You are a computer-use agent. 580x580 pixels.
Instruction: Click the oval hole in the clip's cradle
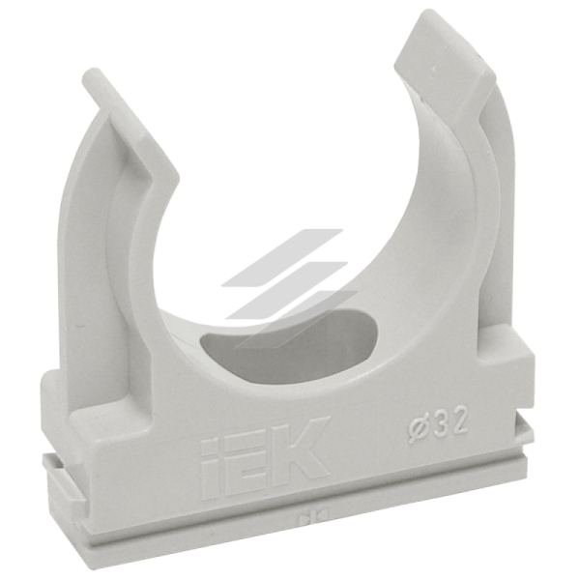[288, 340]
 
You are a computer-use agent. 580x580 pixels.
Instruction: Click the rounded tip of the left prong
[91, 75]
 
